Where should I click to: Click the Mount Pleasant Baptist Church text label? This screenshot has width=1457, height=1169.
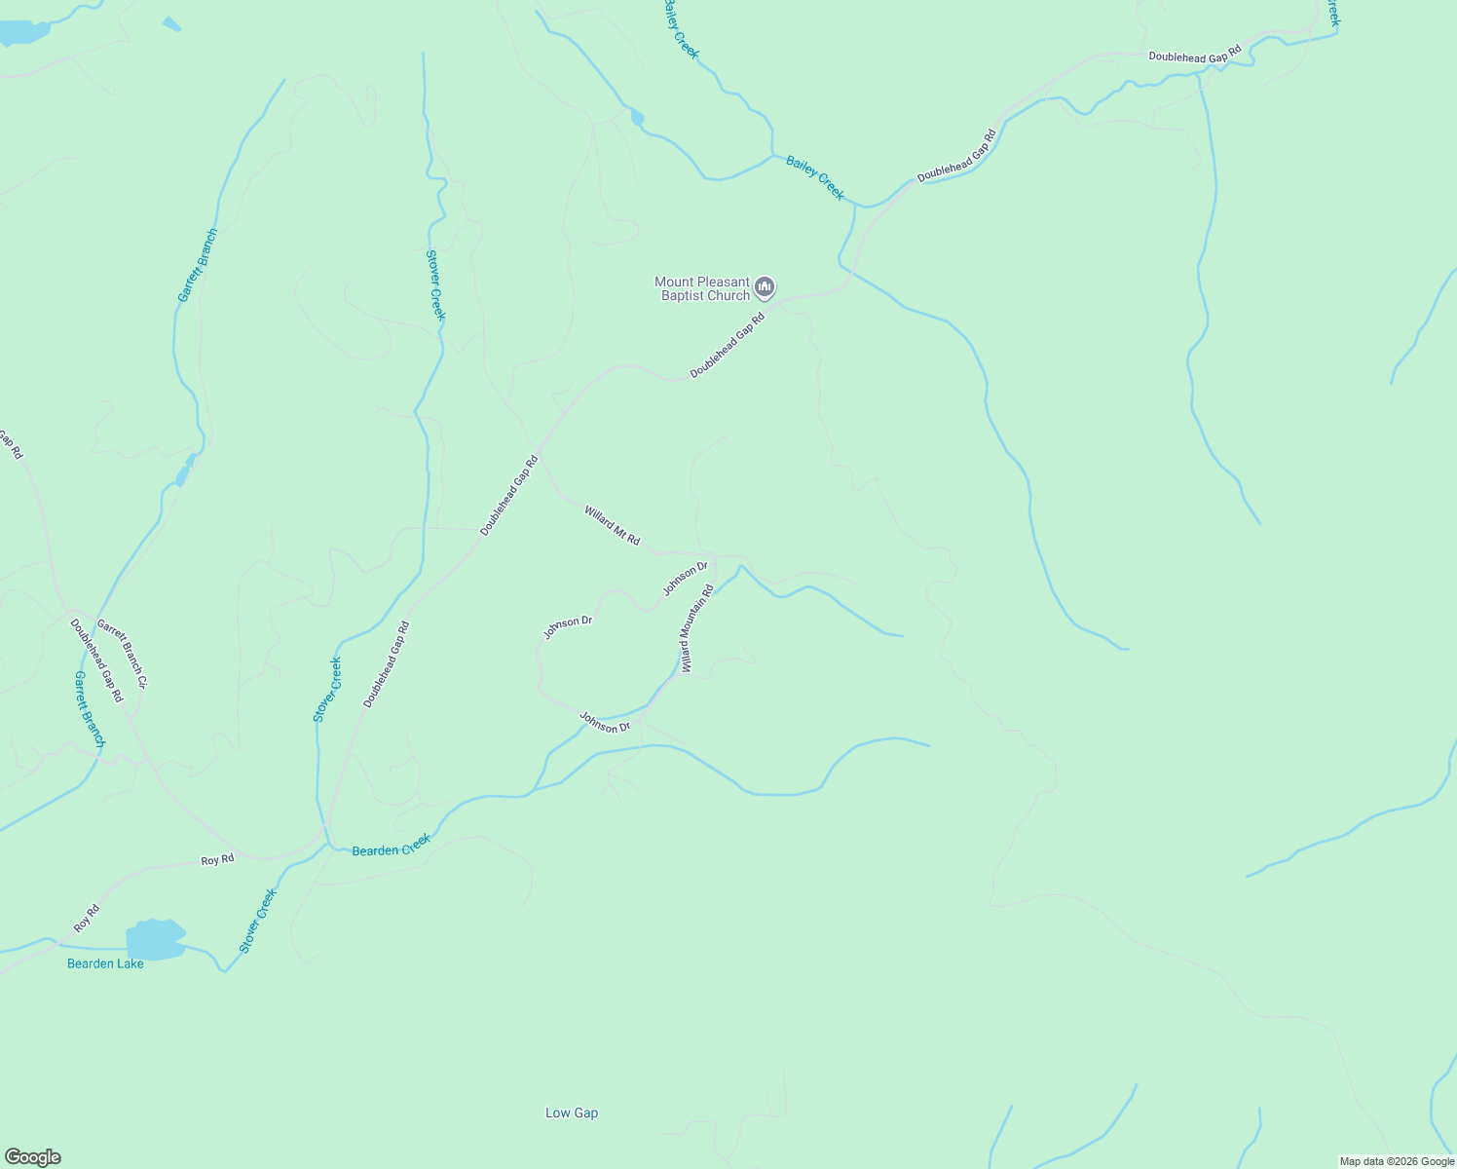tap(702, 288)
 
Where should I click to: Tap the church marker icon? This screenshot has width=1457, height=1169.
tap(766, 287)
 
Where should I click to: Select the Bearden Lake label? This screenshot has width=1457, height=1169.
tap(105, 963)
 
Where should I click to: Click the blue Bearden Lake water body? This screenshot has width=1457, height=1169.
tap(155, 940)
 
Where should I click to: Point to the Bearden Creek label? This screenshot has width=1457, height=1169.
tap(391, 846)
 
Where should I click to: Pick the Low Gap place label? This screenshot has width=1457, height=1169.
tap(572, 1112)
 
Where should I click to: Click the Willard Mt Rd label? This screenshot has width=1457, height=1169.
tap(613, 525)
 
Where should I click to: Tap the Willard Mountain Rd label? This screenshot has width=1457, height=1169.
tap(697, 628)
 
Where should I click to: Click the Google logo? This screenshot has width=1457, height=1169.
tap(32, 1157)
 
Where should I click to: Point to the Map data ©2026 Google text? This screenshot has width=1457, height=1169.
tap(1396, 1161)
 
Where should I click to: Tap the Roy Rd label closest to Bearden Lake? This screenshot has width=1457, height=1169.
tap(87, 919)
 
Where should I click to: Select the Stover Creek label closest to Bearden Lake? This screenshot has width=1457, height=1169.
tap(258, 921)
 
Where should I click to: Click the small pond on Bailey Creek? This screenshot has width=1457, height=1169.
tap(637, 118)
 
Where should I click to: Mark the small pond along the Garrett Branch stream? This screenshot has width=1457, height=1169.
tap(183, 474)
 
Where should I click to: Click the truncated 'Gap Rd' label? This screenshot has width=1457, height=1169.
tap(11, 445)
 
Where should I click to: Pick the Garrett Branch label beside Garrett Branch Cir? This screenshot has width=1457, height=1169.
tap(90, 708)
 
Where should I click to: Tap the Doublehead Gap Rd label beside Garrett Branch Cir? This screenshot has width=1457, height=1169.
tap(96, 660)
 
